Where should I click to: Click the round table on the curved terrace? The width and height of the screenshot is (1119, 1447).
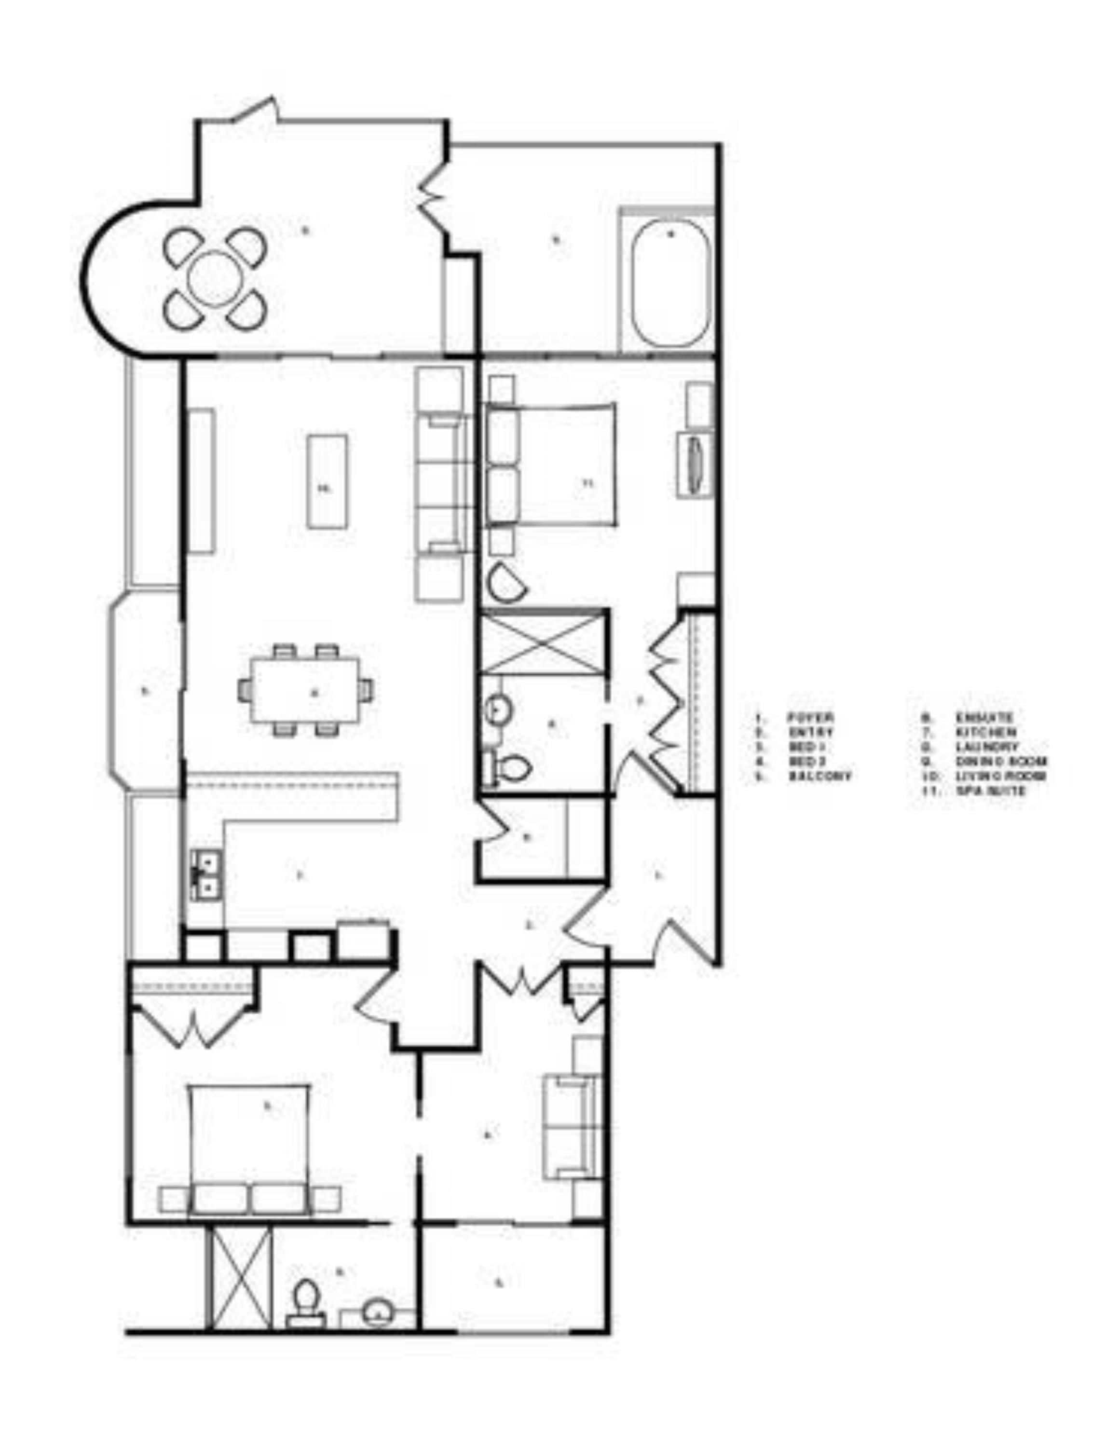[215, 278]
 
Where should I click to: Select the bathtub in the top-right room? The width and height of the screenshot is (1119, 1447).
[670, 283]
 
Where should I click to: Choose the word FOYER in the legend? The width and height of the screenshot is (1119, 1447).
[810, 717]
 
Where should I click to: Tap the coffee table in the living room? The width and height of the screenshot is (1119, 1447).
[327, 481]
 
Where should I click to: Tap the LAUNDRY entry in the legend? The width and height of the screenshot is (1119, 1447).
[986, 747]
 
